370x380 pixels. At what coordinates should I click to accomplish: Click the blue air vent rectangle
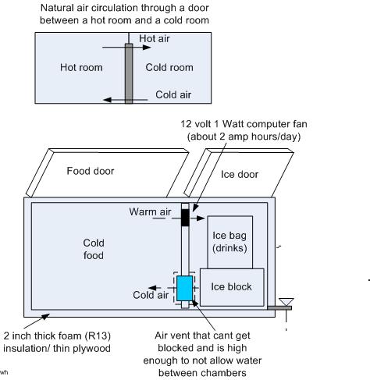(x=185, y=289)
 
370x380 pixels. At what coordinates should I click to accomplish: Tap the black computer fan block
(x=185, y=218)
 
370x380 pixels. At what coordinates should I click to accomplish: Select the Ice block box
(x=232, y=287)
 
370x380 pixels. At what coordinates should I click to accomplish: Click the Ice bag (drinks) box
(x=229, y=242)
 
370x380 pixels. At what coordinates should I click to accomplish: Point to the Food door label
(x=91, y=171)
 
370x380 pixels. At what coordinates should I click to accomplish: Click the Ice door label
(x=240, y=174)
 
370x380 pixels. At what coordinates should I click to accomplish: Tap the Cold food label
(x=94, y=249)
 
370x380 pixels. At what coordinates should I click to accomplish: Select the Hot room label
(x=81, y=67)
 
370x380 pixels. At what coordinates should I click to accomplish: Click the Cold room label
(x=169, y=67)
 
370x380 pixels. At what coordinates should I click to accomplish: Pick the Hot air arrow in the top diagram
(x=126, y=48)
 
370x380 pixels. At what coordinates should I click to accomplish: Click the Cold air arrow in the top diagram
(x=126, y=100)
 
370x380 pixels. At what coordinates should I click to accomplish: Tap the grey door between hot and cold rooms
(x=129, y=73)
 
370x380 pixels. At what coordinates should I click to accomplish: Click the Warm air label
(x=150, y=211)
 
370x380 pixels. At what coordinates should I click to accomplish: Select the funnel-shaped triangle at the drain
(x=286, y=302)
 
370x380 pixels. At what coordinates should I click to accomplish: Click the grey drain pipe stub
(x=279, y=308)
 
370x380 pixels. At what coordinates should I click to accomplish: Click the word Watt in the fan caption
(x=233, y=124)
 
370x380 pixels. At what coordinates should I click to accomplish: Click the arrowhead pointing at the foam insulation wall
(x=46, y=316)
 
